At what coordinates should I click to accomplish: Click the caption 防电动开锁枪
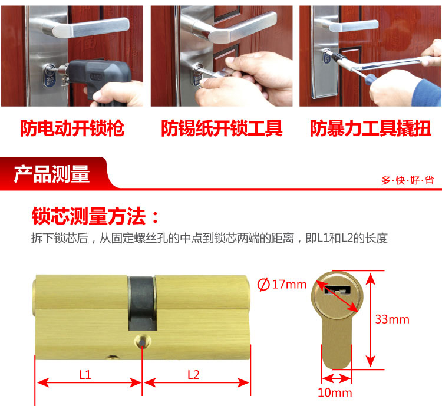[x=72, y=128]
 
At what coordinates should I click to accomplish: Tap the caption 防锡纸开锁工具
[x=222, y=128]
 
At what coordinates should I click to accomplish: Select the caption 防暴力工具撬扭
[x=371, y=128]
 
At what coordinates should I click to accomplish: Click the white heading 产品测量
[x=52, y=174]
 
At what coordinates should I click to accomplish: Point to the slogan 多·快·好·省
[x=408, y=180]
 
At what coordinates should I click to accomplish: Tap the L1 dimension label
[x=85, y=375]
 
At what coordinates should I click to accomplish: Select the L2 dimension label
[x=193, y=375]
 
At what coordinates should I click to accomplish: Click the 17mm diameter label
[x=289, y=285]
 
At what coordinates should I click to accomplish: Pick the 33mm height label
[x=392, y=319]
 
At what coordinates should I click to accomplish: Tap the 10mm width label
[x=335, y=392]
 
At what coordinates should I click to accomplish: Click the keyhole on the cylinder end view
[x=338, y=290]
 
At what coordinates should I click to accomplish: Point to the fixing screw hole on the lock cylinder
[x=143, y=342]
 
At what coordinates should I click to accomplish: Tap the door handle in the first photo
[x=84, y=28]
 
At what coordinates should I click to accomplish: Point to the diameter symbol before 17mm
[x=263, y=284]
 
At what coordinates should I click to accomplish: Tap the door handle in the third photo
[x=349, y=25]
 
